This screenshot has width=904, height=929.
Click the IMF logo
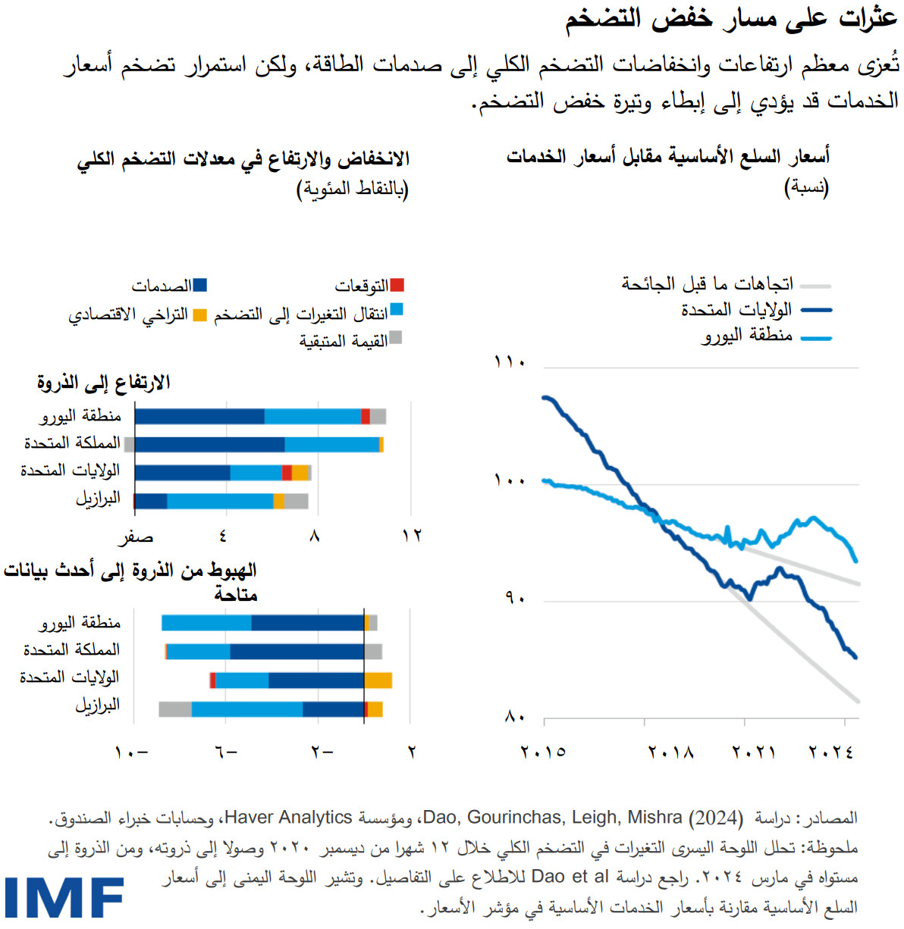(x=64, y=899)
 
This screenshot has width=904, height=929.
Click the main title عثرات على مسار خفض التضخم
(x=731, y=19)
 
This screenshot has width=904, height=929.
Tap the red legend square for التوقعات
(x=397, y=285)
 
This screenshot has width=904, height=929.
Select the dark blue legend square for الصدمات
(x=200, y=285)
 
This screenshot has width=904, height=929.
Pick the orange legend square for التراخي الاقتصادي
(x=199, y=314)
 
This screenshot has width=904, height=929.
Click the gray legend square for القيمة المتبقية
(x=395, y=338)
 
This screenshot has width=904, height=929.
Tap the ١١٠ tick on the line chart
(x=510, y=362)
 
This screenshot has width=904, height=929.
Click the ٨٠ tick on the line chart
(x=515, y=717)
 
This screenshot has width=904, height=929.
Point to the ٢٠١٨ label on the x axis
(x=670, y=752)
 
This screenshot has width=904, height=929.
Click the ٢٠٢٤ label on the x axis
(x=831, y=752)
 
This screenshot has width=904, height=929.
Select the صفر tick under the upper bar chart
(x=136, y=537)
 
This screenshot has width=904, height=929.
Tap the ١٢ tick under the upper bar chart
(x=412, y=536)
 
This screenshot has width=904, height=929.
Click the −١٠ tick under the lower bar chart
(x=132, y=752)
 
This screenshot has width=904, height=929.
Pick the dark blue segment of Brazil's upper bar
(x=151, y=501)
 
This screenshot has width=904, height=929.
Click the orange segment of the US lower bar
(x=378, y=680)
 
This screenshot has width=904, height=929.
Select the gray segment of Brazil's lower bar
(x=175, y=709)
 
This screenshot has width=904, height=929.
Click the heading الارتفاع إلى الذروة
(x=104, y=383)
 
